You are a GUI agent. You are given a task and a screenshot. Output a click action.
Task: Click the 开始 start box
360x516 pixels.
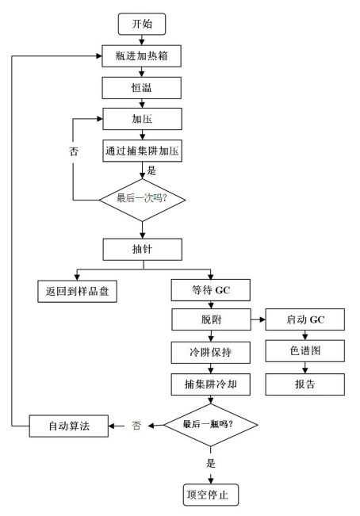click(142, 24)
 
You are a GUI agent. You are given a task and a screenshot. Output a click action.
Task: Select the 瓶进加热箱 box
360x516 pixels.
click(141, 56)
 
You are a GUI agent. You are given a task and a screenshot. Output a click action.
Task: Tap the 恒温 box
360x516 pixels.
click(141, 88)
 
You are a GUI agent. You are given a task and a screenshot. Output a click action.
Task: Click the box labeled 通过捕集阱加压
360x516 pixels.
click(142, 151)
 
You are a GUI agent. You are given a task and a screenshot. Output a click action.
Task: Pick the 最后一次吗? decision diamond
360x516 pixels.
click(142, 200)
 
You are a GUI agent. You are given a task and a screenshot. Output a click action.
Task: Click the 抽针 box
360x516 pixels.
click(142, 250)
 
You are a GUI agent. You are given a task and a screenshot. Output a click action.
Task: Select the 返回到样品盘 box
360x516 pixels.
click(77, 291)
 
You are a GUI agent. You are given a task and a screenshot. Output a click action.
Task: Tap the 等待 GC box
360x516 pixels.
click(211, 290)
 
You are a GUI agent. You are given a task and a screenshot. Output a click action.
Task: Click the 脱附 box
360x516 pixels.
click(211, 319)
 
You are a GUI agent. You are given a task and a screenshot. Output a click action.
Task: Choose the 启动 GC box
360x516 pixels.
click(305, 319)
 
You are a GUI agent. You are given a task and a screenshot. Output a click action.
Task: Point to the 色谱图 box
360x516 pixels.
click(305, 351)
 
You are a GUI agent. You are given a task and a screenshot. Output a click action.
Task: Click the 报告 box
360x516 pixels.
click(305, 384)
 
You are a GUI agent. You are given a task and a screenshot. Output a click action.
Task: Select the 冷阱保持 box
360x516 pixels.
click(211, 353)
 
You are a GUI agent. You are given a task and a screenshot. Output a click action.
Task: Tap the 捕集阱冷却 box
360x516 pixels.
click(211, 384)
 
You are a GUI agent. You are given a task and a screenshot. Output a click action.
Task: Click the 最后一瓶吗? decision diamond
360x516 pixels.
click(211, 425)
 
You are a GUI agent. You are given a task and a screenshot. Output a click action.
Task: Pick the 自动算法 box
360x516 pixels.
click(69, 426)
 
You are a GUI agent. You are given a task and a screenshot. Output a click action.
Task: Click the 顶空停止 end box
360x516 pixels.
click(211, 495)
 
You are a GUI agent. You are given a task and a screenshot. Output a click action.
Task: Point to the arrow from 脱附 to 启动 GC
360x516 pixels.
click(258, 319)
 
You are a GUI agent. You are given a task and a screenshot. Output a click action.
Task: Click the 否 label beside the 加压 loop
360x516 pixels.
click(74, 151)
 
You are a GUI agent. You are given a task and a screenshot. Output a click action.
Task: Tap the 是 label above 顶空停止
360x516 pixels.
click(211, 464)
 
